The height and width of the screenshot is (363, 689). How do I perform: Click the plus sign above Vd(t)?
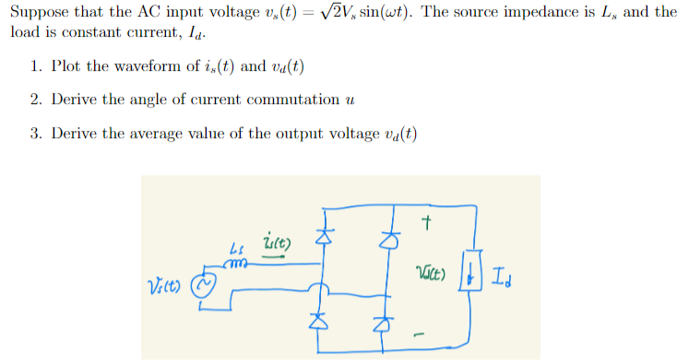click(426, 222)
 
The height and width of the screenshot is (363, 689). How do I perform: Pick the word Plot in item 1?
click(67, 66)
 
